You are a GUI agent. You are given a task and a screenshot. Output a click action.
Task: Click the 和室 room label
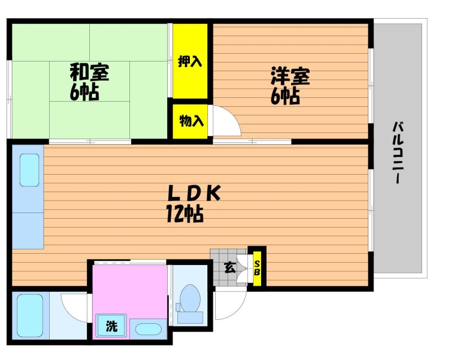(90, 73)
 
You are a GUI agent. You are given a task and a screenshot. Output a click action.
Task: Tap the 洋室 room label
(290, 76)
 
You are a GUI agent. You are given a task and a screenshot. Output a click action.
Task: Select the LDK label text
(194, 193)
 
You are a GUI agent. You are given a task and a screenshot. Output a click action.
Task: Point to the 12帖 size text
(185, 213)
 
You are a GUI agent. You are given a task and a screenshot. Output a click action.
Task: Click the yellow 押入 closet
(190, 61)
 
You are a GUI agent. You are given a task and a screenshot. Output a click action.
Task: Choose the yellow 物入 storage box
(190, 121)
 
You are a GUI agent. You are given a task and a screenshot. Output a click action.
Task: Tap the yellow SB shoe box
(257, 268)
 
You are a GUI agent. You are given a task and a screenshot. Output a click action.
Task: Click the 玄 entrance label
(230, 268)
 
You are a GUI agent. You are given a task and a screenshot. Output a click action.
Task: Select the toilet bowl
(190, 298)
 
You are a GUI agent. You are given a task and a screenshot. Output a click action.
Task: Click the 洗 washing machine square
(111, 325)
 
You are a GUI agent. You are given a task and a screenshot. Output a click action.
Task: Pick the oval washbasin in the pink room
(148, 329)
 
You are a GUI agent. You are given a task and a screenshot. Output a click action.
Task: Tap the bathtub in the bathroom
(30, 315)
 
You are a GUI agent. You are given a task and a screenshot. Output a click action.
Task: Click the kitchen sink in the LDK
(29, 170)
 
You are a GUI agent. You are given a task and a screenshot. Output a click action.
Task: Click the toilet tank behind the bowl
(190, 318)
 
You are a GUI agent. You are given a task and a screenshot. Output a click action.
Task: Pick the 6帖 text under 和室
(84, 92)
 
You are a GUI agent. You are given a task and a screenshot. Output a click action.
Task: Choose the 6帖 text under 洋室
(285, 96)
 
